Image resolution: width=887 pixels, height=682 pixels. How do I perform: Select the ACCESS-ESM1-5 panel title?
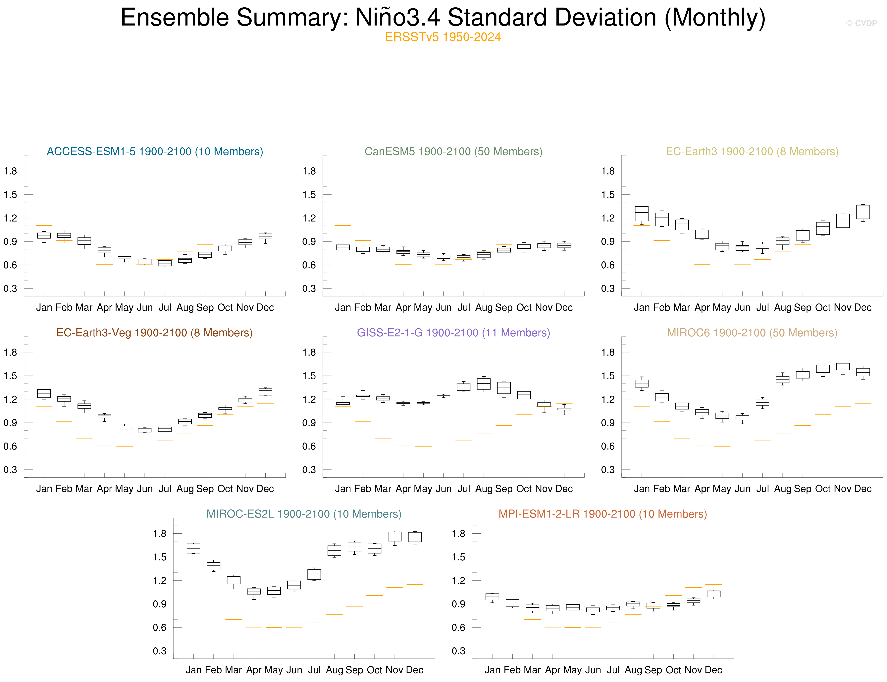[x=155, y=151]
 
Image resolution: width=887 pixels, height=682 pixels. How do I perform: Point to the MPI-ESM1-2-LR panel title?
[x=602, y=514]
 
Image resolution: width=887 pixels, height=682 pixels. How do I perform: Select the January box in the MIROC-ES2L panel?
[x=193, y=549]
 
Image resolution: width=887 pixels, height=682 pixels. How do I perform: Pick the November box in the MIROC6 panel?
[x=843, y=367]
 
